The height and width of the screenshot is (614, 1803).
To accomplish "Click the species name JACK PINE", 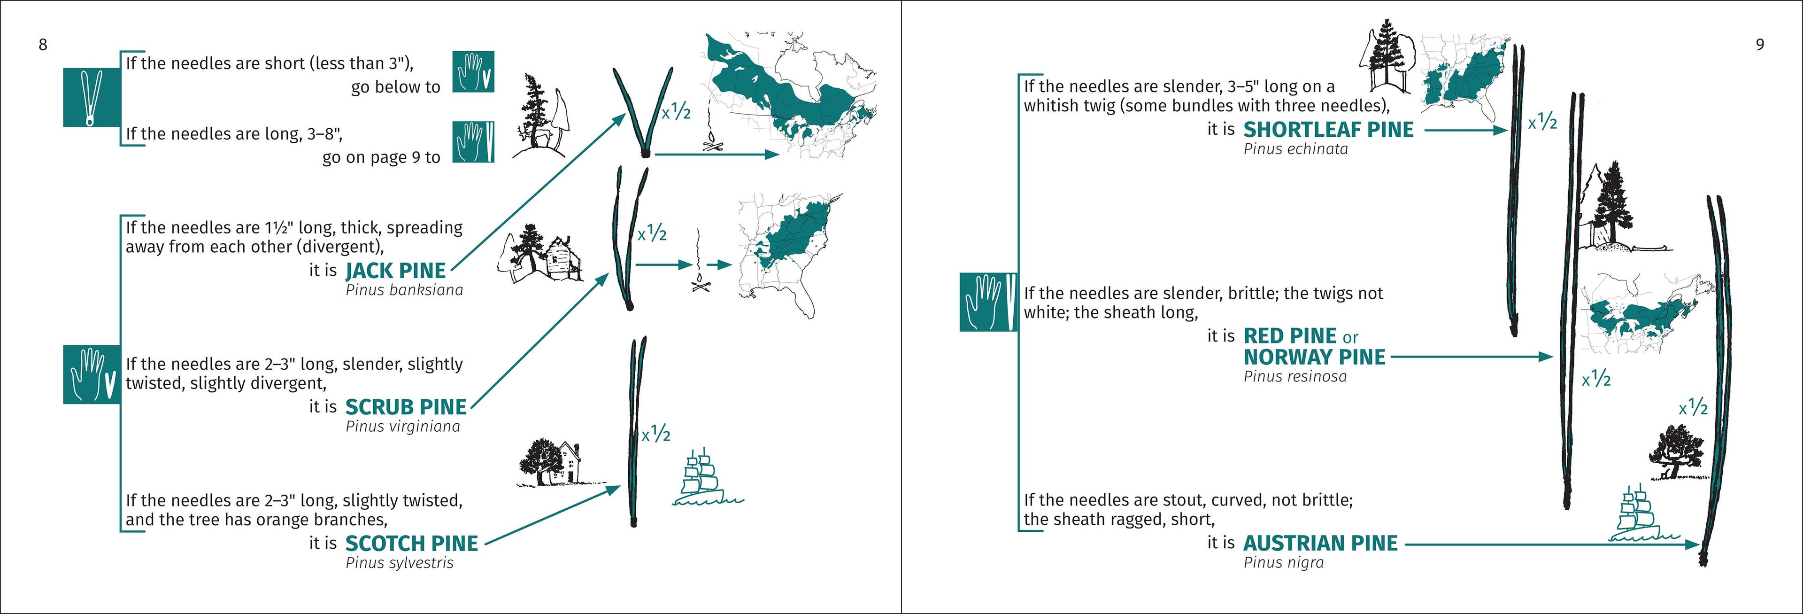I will [x=395, y=270].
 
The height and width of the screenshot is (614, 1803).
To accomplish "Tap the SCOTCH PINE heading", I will [x=412, y=543].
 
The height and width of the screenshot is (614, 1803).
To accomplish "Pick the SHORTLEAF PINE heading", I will [x=1328, y=130].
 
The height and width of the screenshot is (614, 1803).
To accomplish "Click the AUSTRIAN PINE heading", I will [x=1320, y=543].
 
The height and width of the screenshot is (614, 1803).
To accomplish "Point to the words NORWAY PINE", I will [x=1314, y=357].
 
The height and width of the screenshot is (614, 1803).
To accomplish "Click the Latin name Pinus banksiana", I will [x=404, y=290].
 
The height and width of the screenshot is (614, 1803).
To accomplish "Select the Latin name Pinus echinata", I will [x=1295, y=149].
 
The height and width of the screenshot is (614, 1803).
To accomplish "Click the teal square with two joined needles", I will [x=92, y=97].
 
